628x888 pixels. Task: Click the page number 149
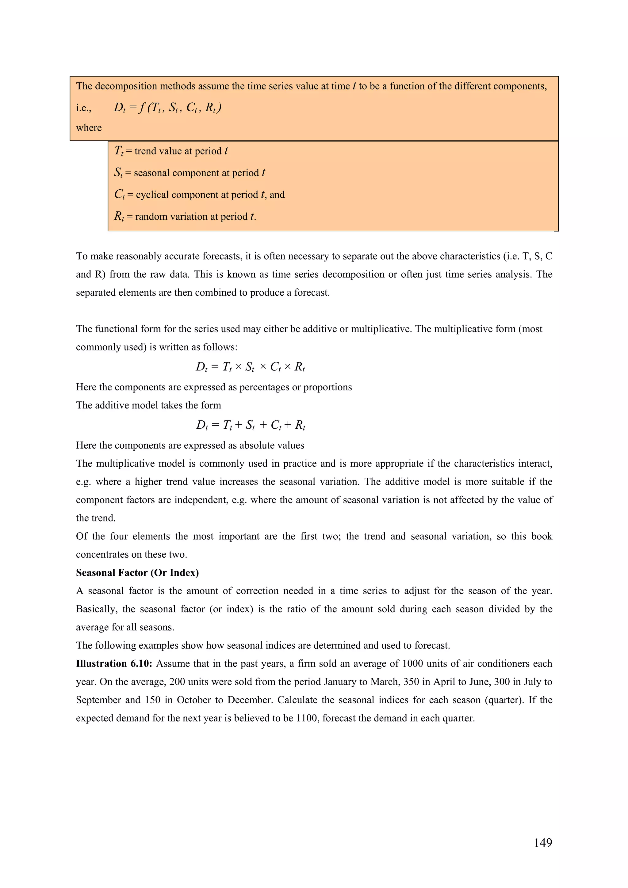click(x=542, y=842)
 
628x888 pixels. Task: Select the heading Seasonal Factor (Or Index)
click(x=137, y=572)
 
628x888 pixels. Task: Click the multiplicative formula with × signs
click(x=250, y=367)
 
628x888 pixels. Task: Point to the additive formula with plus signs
click(x=250, y=425)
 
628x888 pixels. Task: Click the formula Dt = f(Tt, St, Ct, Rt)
click(x=167, y=107)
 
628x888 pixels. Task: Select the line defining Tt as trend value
click(x=170, y=151)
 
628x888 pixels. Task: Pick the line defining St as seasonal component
click(x=189, y=173)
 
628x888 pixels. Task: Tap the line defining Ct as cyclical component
click(x=199, y=195)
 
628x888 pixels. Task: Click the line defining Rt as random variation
click(x=185, y=216)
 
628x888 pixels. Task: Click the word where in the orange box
click(x=89, y=128)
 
